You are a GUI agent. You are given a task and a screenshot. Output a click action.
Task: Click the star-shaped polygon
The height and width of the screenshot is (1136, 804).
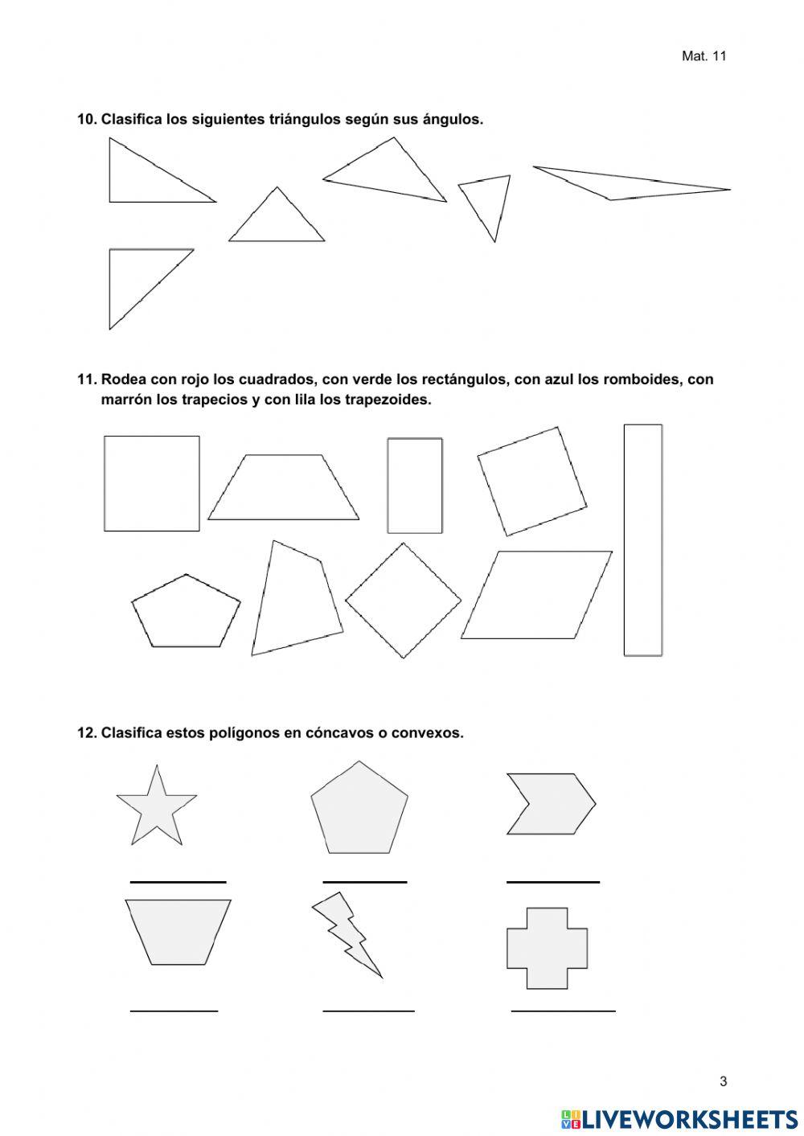[157, 806]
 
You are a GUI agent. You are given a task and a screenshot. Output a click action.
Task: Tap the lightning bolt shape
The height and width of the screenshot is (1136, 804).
[344, 932]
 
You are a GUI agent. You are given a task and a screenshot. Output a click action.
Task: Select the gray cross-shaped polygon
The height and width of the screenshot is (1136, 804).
[547, 948]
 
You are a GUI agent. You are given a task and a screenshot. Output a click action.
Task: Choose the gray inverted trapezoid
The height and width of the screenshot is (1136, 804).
[178, 930]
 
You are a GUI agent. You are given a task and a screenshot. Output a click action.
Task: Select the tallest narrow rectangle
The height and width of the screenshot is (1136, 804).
[643, 540]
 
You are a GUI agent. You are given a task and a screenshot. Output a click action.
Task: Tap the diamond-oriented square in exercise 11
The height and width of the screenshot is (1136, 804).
[403, 601]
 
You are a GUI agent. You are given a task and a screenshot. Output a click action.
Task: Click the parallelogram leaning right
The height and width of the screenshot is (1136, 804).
[536, 595]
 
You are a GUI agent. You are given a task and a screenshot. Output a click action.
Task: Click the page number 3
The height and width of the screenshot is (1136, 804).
[723, 1081]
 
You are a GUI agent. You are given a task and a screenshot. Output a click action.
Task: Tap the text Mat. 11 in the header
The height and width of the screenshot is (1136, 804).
[703, 56]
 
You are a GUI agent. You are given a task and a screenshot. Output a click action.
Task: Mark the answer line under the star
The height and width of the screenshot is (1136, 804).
[178, 882]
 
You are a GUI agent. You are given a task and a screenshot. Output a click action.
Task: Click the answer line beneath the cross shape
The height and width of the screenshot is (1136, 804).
[563, 1010]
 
